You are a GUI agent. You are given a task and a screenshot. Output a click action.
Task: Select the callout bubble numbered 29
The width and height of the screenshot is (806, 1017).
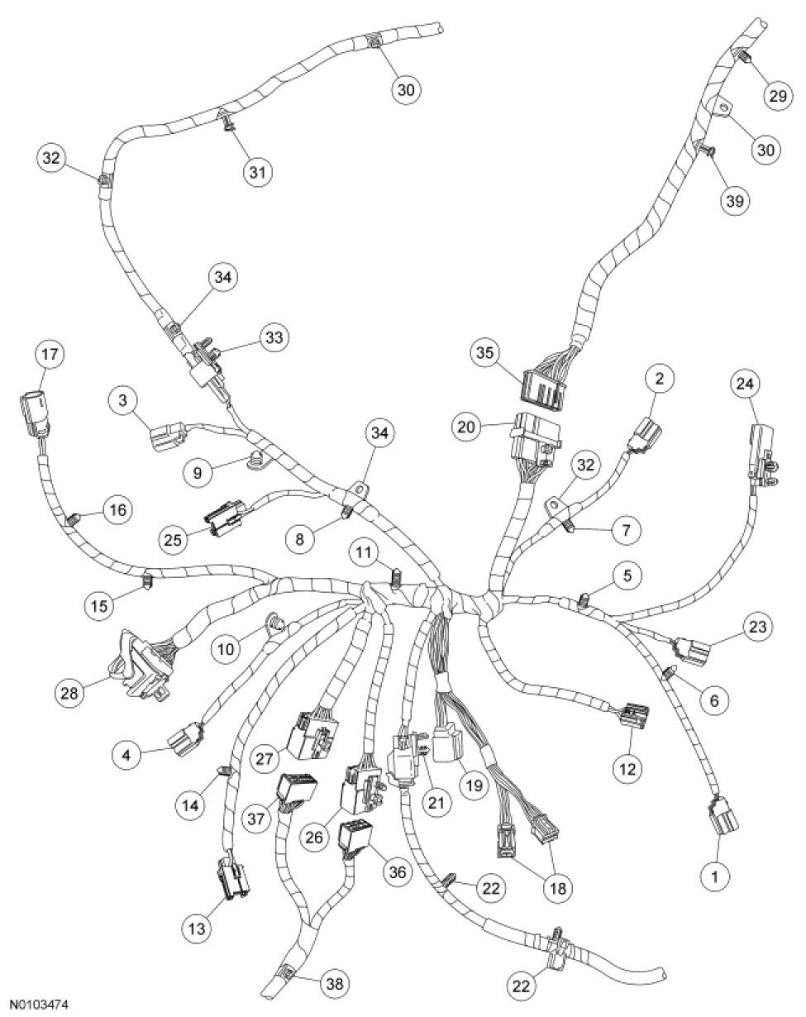point(777,97)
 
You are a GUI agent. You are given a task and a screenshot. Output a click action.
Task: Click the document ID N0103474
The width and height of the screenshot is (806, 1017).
point(34,1005)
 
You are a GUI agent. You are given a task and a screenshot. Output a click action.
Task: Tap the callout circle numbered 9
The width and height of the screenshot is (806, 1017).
point(197,475)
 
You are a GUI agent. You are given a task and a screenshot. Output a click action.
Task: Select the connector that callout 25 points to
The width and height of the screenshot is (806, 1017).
point(226,520)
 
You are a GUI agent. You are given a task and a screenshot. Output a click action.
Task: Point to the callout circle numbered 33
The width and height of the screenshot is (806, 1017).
point(271,337)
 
